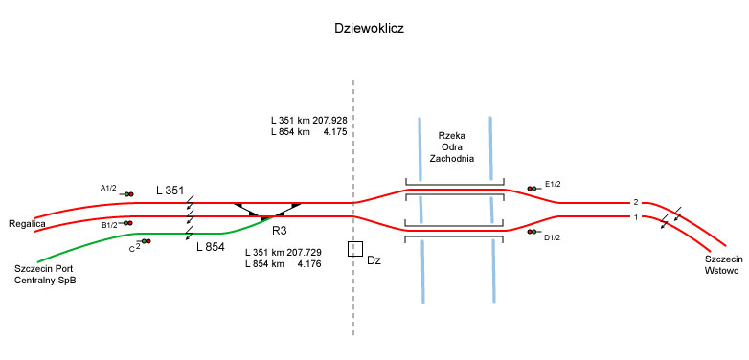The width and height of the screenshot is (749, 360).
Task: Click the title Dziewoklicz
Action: click(370, 28)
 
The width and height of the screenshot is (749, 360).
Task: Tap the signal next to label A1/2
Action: click(127, 194)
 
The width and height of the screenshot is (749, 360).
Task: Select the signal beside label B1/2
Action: click(126, 223)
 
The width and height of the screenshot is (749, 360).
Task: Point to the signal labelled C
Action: click(145, 241)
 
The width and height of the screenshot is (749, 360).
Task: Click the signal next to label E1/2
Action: click(533, 189)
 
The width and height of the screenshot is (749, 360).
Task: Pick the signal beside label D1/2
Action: click(533, 232)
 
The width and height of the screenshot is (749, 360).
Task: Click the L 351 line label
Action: click(170, 190)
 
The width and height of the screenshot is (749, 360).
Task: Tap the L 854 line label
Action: click(211, 247)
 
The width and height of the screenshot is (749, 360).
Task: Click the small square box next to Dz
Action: click(355, 249)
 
